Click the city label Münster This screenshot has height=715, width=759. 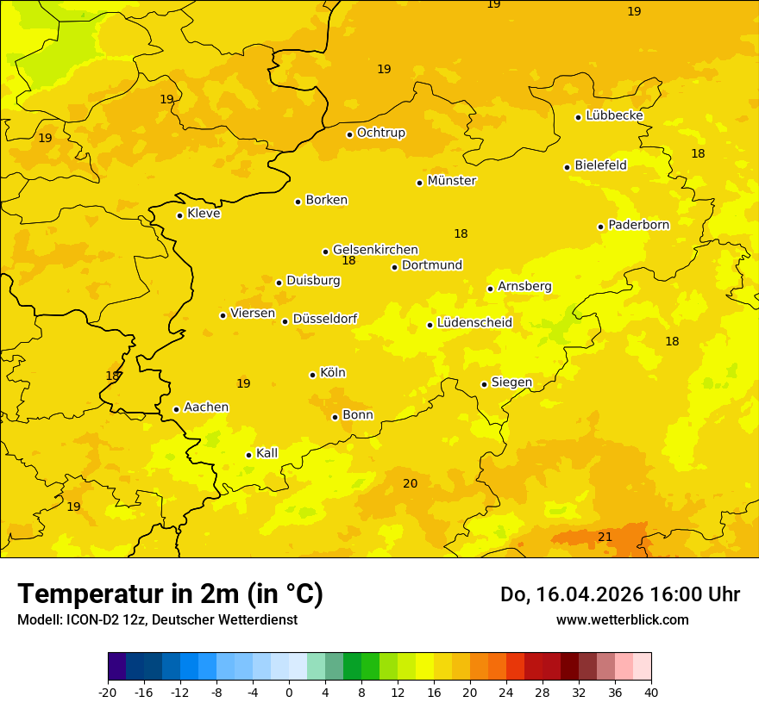(x=451, y=181)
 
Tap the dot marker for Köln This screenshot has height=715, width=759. (x=312, y=375)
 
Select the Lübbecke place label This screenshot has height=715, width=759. (x=614, y=115)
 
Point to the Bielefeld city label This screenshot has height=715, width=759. (x=600, y=165)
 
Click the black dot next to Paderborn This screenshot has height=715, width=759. (x=601, y=227)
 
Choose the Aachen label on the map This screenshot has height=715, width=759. (x=206, y=407)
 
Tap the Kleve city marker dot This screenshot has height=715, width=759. (x=179, y=215)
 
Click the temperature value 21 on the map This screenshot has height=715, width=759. (x=605, y=537)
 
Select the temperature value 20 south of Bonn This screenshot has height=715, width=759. (x=410, y=483)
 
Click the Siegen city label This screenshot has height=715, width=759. (x=511, y=382)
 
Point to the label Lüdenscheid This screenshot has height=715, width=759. (x=474, y=323)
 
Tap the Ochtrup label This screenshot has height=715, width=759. (x=380, y=133)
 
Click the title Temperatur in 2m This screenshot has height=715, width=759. (x=170, y=594)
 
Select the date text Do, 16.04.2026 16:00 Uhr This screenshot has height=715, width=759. (x=619, y=594)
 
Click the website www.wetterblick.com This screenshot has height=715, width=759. (x=622, y=619)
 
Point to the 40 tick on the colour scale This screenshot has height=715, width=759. (x=651, y=692)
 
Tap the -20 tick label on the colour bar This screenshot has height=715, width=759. (x=108, y=692)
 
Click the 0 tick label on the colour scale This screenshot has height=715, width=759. (x=289, y=692)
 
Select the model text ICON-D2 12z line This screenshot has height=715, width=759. (x=157, y=619)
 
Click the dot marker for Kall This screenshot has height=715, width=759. (x=248, y=455)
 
